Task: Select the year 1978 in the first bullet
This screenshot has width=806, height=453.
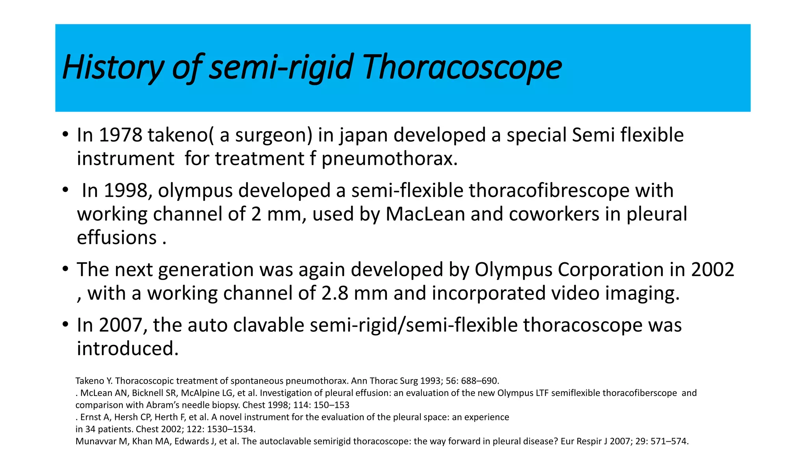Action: coord(120,135)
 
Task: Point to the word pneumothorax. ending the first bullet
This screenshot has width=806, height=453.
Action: coord(390,159)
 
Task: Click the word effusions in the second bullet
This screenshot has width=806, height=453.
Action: coord(117,238)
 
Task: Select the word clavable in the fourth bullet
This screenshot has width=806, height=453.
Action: coord(269,325)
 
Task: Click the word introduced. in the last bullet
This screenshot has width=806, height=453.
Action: coord(128,349)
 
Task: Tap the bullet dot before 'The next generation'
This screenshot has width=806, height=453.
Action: coord(65,270)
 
